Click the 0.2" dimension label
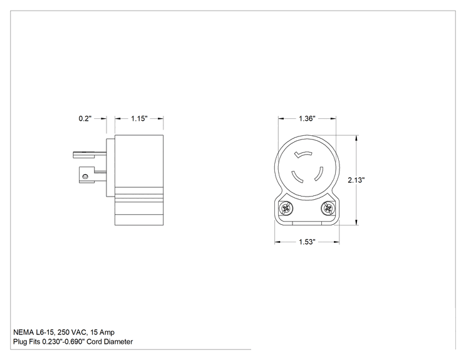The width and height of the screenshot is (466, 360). click(x=85, y=118)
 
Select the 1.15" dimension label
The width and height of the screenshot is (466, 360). click(x=139, y=118)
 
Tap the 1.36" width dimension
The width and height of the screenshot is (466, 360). click(x=307, y=118)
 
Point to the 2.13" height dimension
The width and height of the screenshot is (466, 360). click(x=356, y=180)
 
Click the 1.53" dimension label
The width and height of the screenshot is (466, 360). click(x=307, y=242)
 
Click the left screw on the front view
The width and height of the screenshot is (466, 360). click(x=286, y=208)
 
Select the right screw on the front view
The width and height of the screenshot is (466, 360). click(x=328, y=208)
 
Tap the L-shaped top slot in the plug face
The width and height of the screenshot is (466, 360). click(x=303, y=155)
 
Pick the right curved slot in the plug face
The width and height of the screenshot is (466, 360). click(x=319, y=174)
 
